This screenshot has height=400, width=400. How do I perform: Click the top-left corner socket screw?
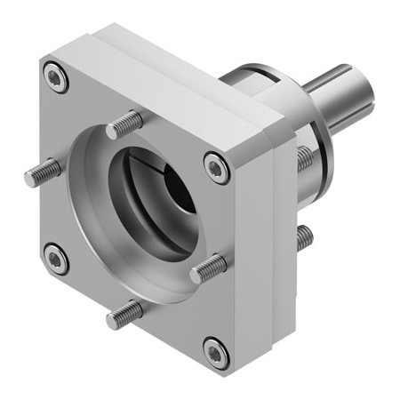[57, 80]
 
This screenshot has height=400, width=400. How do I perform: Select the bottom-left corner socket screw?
[55, 259]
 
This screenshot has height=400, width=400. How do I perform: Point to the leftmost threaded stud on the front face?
[42, 171]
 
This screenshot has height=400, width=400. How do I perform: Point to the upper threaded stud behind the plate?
[303, 158]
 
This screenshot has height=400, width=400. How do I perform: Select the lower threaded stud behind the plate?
[303, 236]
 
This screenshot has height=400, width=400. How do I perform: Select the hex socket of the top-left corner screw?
[57, 80]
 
